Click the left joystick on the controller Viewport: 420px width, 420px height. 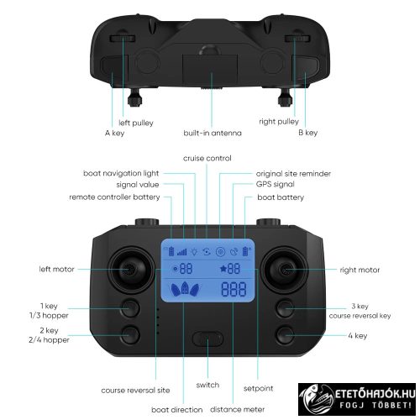[134, 270]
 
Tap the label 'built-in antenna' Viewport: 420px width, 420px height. [212, 133]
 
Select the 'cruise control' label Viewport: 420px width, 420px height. [207, 158]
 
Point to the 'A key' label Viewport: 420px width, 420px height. [114, 133]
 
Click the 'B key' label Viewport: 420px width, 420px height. [308, 133]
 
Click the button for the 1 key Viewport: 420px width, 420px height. [130, 307]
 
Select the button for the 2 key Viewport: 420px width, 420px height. [130, 334]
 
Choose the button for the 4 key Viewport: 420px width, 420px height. [286, 334]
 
